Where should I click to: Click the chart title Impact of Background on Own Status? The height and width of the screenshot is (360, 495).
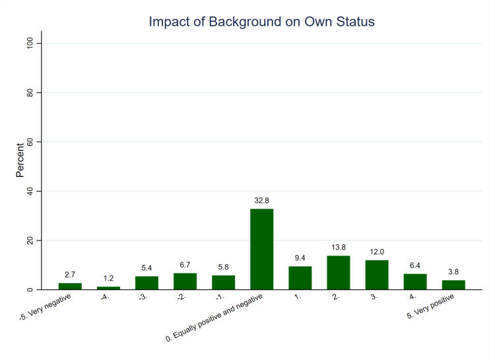pos(261,22)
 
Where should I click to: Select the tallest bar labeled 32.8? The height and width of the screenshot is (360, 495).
pos(261,249)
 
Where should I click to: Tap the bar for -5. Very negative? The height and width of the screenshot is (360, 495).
pos(70,286)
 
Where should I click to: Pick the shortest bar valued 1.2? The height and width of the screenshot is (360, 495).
pos(108,288)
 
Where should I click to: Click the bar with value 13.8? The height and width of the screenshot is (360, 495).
pos(338,272)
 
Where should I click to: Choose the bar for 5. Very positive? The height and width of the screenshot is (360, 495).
pos(453,285)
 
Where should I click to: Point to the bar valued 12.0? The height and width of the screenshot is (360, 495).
pos(377,275)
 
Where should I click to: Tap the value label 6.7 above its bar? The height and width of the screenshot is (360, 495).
pos(185,266)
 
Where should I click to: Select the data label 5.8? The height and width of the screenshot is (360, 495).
pos(223,268)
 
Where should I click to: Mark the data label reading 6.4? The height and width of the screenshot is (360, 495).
pos(415,266)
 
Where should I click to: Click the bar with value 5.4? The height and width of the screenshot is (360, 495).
pos(147,283)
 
